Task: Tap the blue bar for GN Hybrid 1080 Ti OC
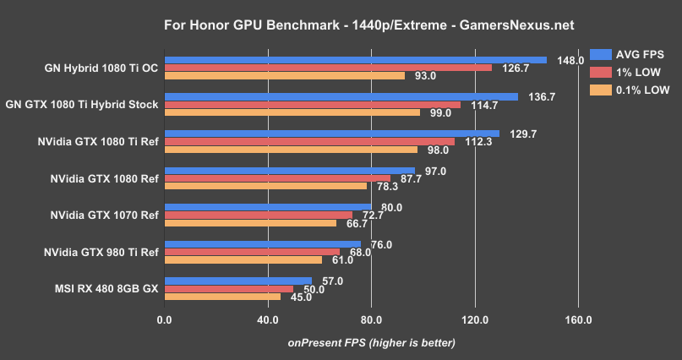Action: click(x=355, y=60)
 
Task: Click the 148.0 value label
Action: click(x=571, y=60)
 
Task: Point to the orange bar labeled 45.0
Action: click(x=222, y=297)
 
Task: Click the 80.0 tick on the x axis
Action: click(x=371, y=320)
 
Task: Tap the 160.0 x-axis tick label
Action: click(x=578, y=320)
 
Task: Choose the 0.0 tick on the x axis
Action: click(x=165, y=320)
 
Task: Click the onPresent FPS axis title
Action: click(x=371, y=342)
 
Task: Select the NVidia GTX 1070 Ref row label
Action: click(x=104, y=215)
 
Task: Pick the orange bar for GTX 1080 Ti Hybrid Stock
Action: click(x=292, y=112)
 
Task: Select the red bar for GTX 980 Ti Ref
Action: click(x=252, y=252)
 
